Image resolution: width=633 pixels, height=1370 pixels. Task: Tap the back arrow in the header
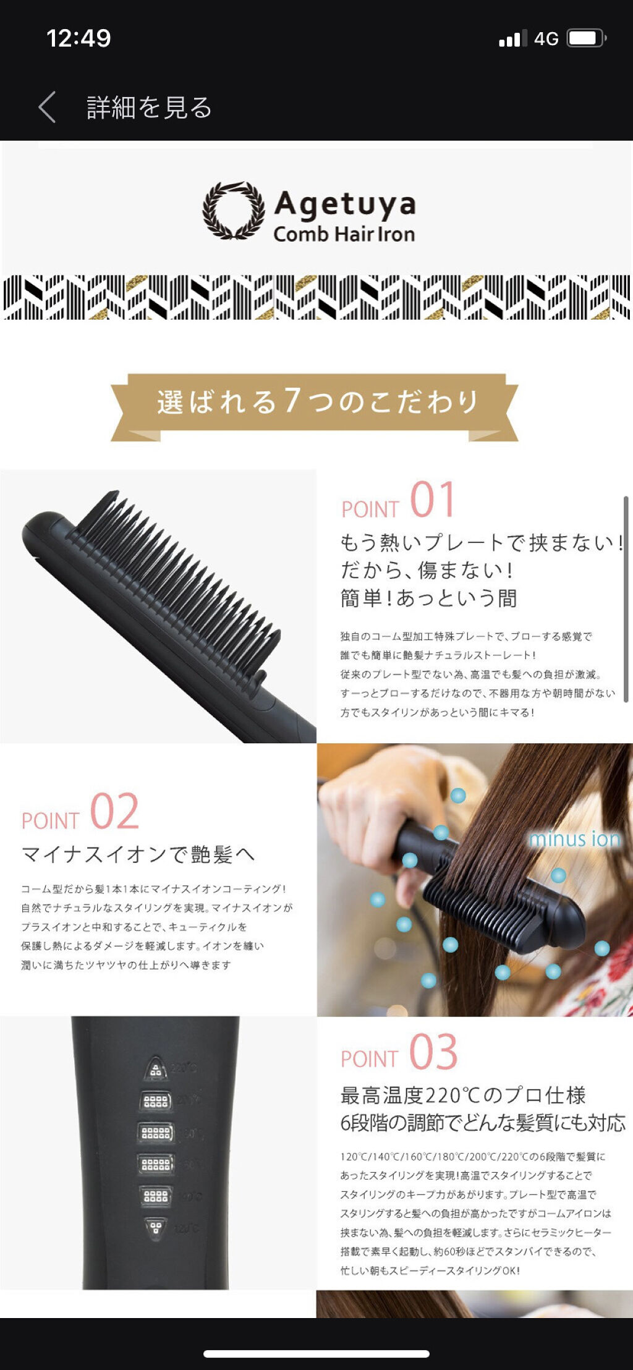(48, 108)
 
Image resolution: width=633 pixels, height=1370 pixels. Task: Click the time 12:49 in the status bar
(79, 38)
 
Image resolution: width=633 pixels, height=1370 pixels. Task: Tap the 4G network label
(546, 39)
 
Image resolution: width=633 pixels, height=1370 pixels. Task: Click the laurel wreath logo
(233, 210)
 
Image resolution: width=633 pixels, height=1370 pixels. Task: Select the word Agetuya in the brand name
(344, 203)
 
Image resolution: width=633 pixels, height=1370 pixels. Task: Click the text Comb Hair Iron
(344, 234)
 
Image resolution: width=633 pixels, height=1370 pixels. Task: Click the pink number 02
(114, 812)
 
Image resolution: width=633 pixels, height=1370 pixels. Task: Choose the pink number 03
(433, 1052)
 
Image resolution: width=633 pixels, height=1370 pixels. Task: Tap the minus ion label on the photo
(574, 839)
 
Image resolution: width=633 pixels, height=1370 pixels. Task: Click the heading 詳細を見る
(149, 108)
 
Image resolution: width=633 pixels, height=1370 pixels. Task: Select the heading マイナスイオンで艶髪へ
(138, 854)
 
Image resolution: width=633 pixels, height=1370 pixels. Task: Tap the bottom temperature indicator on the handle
(155, 1227)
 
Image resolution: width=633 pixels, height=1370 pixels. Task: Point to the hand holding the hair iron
(377, 798)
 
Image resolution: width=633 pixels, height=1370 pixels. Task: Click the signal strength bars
(512, 38)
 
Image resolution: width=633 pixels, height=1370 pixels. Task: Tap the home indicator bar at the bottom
(316, 1354)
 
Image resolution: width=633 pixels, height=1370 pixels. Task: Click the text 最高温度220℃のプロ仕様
(463, 1096)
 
